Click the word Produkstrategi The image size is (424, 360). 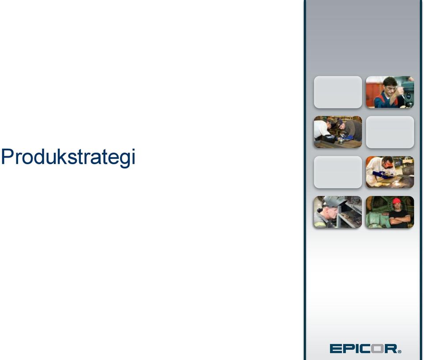tap(68, 157)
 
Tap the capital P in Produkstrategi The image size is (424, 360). tap(7, 156)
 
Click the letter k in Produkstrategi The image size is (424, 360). tap(62, 156)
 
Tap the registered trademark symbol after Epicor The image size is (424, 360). tap(400, 351)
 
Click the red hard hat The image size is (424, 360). tap(397, 201)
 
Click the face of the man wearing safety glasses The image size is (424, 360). tap(390, 87)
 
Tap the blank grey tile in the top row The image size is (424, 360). tap(338, 92)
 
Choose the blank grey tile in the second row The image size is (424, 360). tap(390, 132)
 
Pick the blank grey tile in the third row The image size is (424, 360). tap(338, 172)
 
